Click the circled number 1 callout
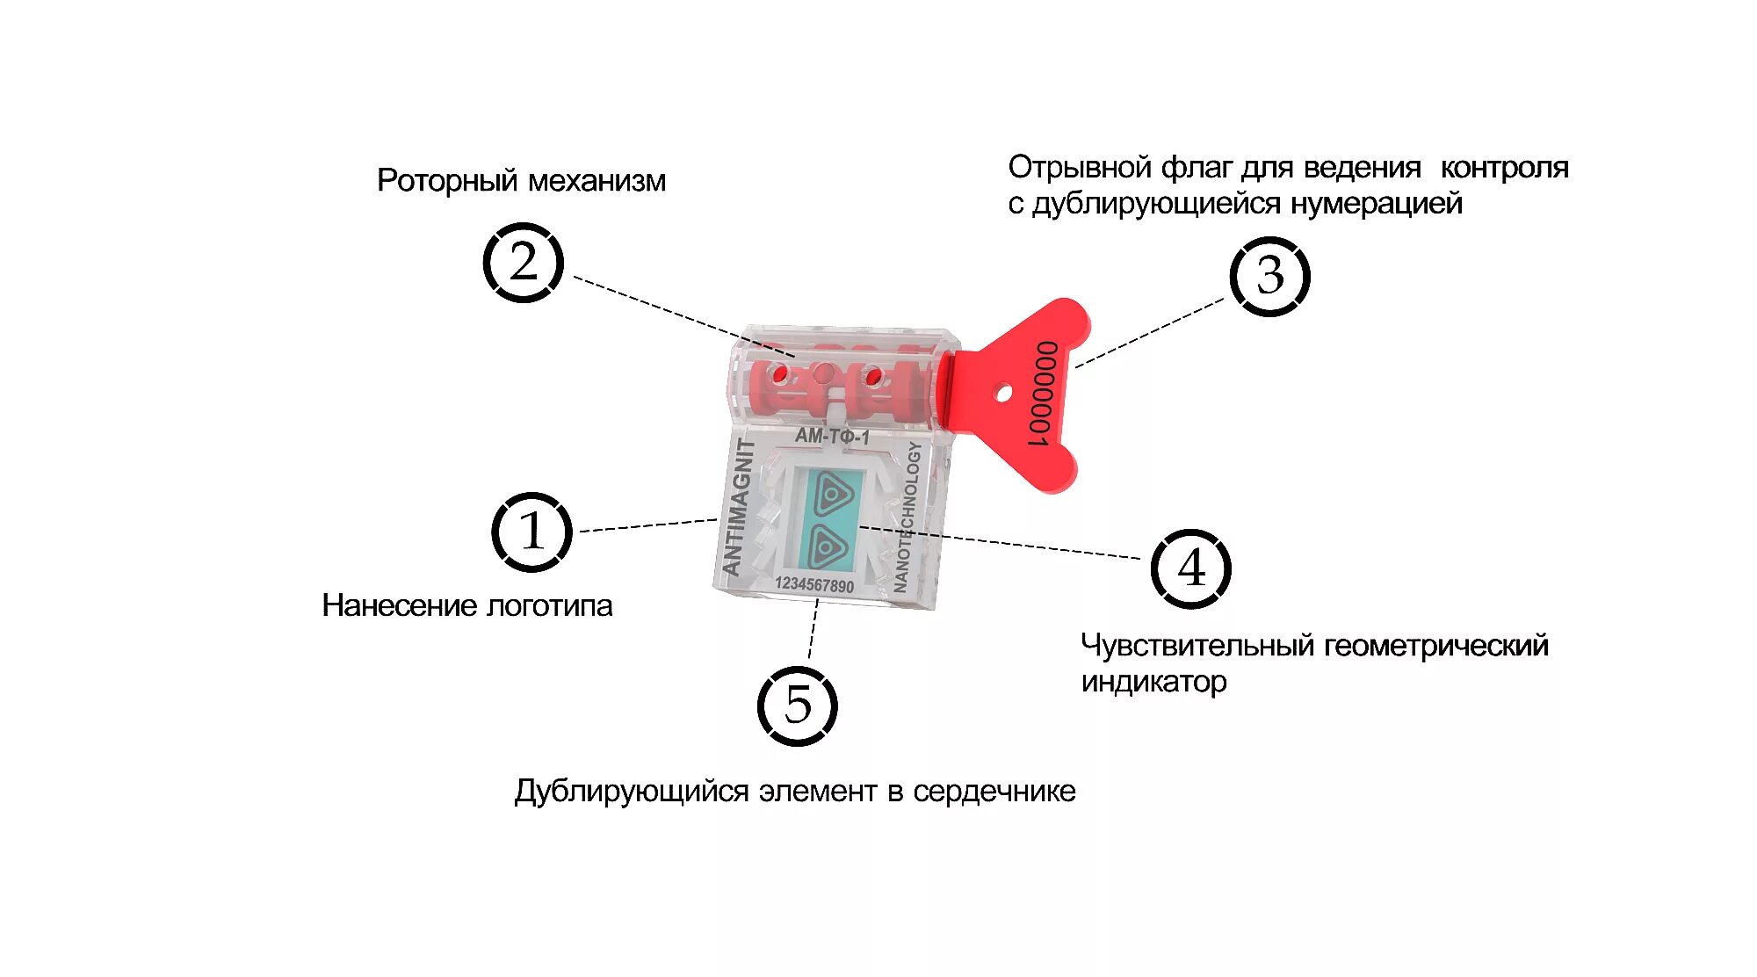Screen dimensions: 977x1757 tap(531, 532)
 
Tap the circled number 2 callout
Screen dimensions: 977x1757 tap(523, 263)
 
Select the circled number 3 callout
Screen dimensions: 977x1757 tap(1269, 276)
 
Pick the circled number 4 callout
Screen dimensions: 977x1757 tap(1190, 568)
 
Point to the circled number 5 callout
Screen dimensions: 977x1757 tap(797, 706)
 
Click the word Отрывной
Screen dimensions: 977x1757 tap(1080, 167)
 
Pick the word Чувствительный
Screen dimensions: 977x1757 tap(1197, 646)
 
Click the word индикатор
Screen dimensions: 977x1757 tap(1153, 681)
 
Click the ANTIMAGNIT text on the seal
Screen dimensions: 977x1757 tap(738, 508)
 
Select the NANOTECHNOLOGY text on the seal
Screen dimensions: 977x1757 tap(907, 516)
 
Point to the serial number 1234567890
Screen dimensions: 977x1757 tap(813, 585)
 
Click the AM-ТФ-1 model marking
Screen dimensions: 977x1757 tap(832, 436)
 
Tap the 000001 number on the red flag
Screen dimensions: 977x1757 tap(1044, 393)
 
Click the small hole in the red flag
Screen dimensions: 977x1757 tap(1002, 394)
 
